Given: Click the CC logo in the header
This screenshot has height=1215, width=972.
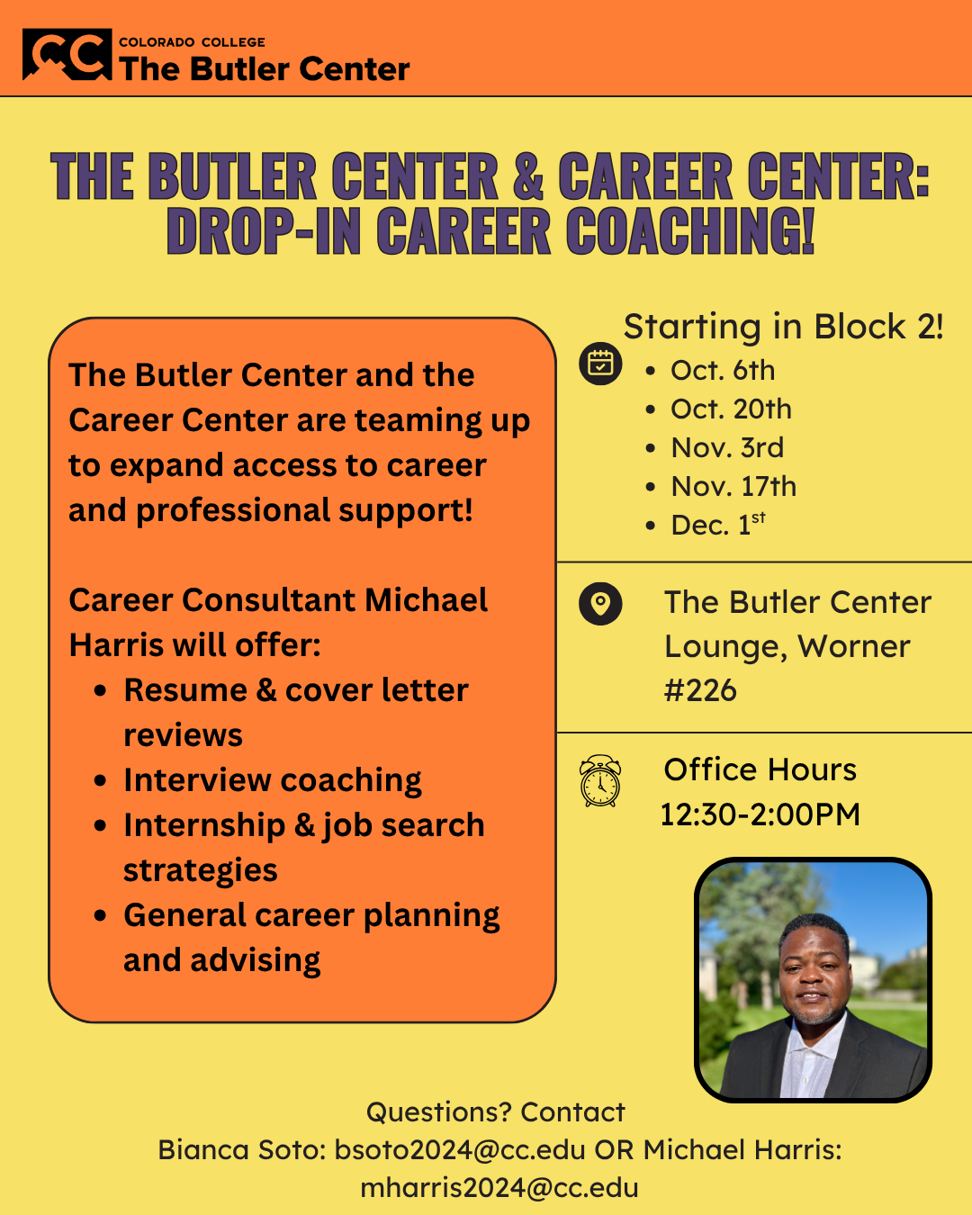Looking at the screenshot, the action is [x=67, y=54].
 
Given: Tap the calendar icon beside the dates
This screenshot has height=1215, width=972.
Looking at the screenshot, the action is [x=600, y=364].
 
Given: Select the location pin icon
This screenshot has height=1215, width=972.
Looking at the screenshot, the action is [x=600, y=604].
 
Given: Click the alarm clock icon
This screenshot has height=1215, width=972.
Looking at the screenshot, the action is [x=600, y=780].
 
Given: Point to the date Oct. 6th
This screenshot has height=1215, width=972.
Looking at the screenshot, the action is [x=723, y=371].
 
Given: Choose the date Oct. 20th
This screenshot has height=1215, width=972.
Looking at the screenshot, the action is [x=731, y=409].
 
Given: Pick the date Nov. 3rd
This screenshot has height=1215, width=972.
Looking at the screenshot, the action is [x=727, y=447].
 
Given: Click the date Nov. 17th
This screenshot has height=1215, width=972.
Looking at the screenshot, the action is [x=733, y=486].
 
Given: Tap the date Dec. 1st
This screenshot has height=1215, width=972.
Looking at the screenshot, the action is [x=718, y=524].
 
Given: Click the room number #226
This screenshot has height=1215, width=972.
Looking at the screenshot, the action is [x=700, y=690].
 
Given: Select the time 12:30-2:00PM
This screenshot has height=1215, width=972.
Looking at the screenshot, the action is [x=760, y=814].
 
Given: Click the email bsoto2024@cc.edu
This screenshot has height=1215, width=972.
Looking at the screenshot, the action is [x=460, y=1149].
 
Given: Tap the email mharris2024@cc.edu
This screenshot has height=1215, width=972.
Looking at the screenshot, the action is [x=499, y=1188].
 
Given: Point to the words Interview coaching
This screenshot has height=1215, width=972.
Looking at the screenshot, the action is [x=272, y=780].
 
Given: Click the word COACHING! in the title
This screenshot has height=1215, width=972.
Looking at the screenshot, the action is [x=689, y=230].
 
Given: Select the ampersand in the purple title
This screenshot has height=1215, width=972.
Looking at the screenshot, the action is [x=528, y=175].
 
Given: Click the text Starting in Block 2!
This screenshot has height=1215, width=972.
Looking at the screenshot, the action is [x=783, y=327].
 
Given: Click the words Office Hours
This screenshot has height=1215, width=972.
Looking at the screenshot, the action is [x=760, y=769].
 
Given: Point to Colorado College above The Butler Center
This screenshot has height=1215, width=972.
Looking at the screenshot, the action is [x=192, y=42].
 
